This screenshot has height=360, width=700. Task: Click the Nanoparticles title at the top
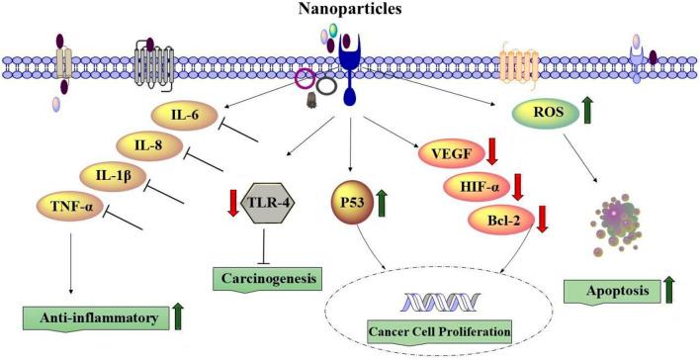tap(349, 10)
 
